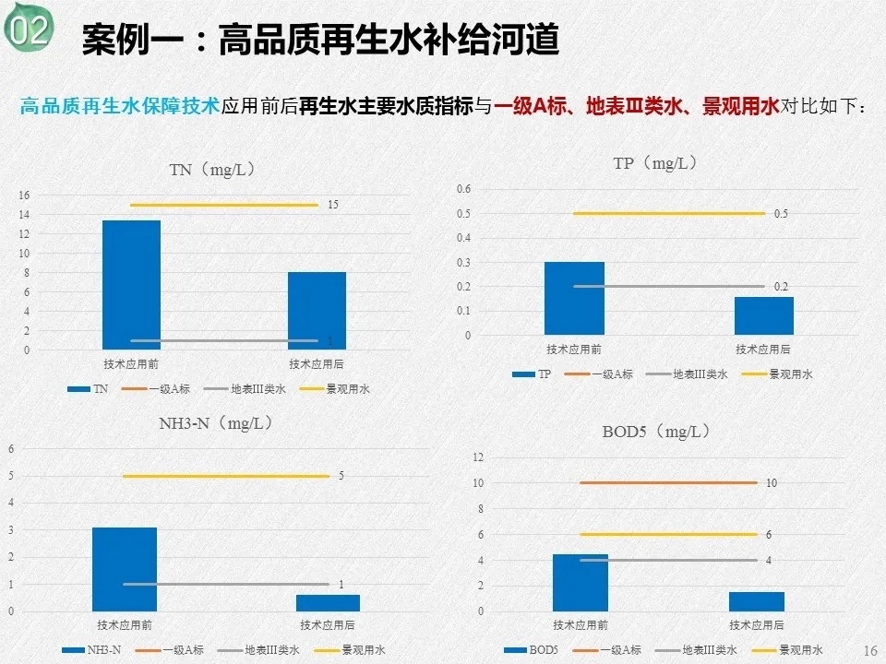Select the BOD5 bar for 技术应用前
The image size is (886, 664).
point(581,582)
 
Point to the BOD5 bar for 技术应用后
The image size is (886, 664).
point(756,601)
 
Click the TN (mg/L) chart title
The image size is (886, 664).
point(211,170)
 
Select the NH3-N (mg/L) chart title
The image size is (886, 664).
point(216,423)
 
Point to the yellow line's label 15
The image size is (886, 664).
point(333,205)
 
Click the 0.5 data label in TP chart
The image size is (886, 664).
point(781,214)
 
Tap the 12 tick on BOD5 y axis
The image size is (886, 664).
point(478,456)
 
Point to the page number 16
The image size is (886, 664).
point(869,651)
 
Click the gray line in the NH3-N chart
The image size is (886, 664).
point(226,584)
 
